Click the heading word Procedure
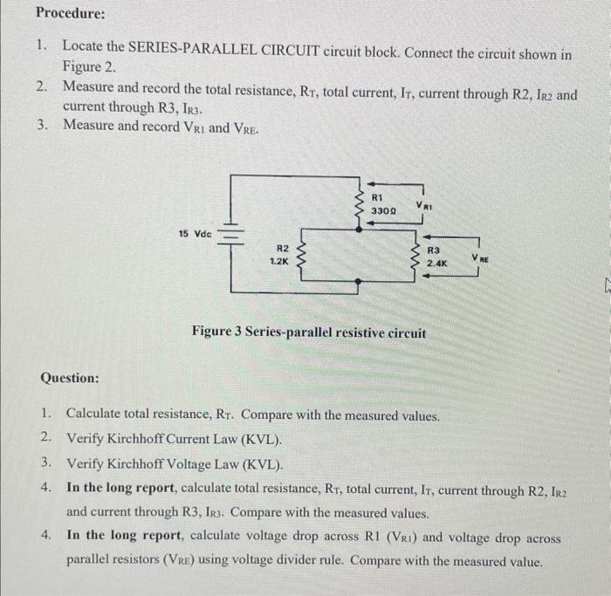[x=70, y=14]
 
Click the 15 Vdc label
[x=194, y=234]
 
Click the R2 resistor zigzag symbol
[x=303, y=254]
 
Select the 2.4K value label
[x=437, y=262]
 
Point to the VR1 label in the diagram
[x=424, y=206]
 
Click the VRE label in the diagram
[x=481, y=257]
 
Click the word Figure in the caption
[x=215, y=333]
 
